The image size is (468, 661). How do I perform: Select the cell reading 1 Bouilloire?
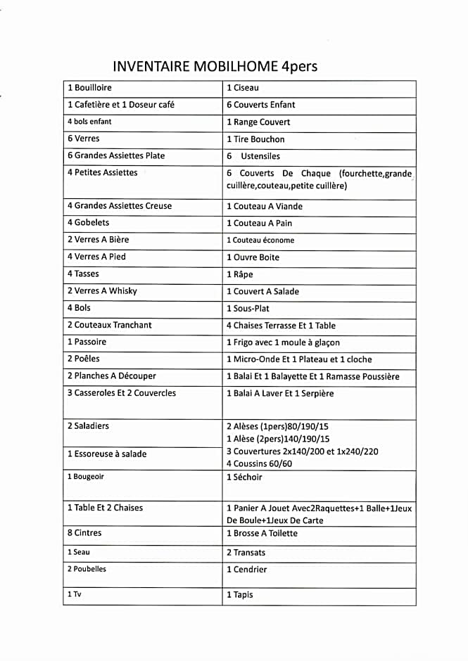click(90, 88)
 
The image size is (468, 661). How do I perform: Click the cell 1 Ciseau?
click(243, 88)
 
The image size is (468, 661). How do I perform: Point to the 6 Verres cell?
click(84, 139)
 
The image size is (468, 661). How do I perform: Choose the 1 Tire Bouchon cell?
click(255, 139)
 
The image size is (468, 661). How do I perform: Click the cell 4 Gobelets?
click(89, 222)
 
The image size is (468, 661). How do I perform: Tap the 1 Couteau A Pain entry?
click(259, 223)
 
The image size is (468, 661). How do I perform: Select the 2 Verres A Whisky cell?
click(102, 290)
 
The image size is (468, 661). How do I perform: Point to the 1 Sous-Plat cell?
click(248, 308)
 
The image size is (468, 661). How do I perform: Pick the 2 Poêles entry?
click(84, 359)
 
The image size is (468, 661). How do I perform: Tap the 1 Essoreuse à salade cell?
click(107, 454)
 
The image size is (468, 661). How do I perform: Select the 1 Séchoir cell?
click(244, 477)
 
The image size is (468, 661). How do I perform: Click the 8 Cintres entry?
click(84, 533)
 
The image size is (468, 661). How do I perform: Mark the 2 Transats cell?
click(246, 553)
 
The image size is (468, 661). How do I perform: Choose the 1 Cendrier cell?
click(247, 570)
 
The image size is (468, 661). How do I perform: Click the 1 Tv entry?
click(75, 594)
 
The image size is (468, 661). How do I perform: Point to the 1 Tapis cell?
click(240, 595)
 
